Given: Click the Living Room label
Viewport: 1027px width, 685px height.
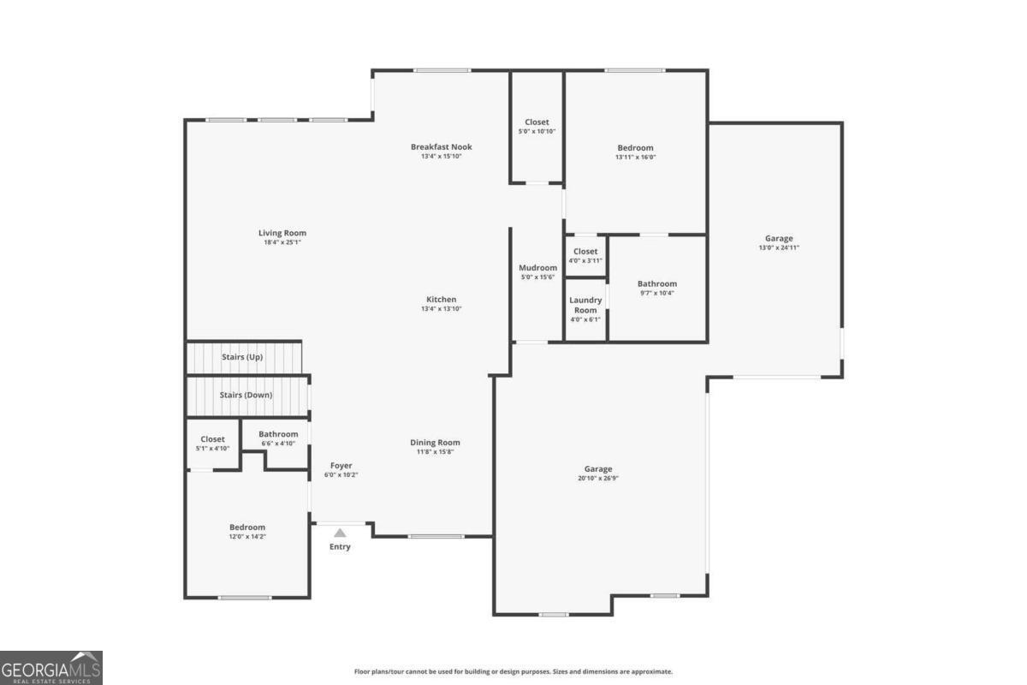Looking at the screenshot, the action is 282,233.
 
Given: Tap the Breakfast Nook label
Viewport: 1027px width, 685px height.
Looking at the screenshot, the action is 441,146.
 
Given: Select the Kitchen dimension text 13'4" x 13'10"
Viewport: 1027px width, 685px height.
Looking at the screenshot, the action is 441,309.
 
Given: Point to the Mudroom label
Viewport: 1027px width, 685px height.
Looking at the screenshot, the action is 537,268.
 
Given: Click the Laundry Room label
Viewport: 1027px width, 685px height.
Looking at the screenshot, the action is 585,305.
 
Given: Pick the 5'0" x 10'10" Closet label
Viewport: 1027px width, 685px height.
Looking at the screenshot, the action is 537,122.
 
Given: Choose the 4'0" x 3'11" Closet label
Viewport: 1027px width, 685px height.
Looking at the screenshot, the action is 585,252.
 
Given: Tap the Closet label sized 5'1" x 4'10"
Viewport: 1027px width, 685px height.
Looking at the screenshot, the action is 212,439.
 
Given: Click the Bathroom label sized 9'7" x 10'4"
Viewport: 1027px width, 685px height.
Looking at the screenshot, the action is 657,284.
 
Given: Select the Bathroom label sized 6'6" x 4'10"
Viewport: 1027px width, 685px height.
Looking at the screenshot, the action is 278,434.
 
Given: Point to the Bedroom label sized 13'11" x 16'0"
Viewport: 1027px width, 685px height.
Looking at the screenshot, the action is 635,148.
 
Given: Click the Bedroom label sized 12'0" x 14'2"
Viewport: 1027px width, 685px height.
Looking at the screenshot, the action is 247,527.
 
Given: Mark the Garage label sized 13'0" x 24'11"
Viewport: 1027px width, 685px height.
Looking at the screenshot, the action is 779,239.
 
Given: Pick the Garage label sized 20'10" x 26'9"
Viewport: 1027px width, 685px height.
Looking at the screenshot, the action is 598,469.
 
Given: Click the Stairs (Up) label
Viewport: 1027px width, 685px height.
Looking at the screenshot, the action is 242,357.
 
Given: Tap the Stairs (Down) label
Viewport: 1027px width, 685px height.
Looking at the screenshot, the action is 246,395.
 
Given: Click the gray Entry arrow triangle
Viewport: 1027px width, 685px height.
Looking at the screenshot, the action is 340,533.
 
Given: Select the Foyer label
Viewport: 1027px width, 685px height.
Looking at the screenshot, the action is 341,466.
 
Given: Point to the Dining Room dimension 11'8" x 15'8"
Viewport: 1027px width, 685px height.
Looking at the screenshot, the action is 435,452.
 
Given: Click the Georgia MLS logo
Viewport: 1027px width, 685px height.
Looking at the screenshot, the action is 51,668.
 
